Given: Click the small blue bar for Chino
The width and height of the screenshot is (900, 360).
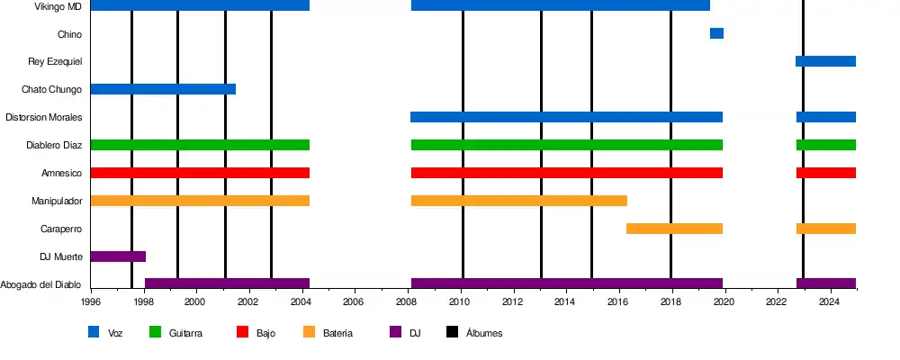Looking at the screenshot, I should click(716, 33).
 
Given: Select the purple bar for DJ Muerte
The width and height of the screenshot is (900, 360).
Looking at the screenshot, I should click(118, 256).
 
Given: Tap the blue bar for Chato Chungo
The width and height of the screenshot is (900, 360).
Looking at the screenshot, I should click(163, 89).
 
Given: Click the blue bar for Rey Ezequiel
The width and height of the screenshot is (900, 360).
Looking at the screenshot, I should click(825, 61).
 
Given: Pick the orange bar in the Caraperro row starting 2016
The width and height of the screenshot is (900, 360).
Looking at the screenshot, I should click(674, 229).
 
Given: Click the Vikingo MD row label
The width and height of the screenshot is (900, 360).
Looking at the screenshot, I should click(58, 6).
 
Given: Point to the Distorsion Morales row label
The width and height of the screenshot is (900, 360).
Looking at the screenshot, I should click(44, 117).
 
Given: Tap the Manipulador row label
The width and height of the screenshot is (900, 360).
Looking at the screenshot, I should click(57, 201).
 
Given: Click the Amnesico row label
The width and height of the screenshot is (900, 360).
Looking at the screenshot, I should click(62, 173).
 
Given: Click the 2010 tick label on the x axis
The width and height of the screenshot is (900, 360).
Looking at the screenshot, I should click(461, 302).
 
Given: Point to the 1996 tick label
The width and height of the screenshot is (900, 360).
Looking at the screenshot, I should click(91, 302).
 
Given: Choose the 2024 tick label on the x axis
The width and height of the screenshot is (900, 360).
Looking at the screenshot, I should click(830, 302).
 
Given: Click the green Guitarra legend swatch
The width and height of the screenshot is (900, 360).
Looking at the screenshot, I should click(154, 332).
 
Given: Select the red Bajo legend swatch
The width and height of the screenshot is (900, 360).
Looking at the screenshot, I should click(242, 332).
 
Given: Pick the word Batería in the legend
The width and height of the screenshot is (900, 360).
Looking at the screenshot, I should click(337, 333).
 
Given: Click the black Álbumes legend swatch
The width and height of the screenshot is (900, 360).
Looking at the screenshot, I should click(453, 332).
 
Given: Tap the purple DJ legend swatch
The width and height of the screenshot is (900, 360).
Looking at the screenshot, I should click(395, 332).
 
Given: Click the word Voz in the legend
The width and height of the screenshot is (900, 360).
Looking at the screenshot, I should click(115, 333).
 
